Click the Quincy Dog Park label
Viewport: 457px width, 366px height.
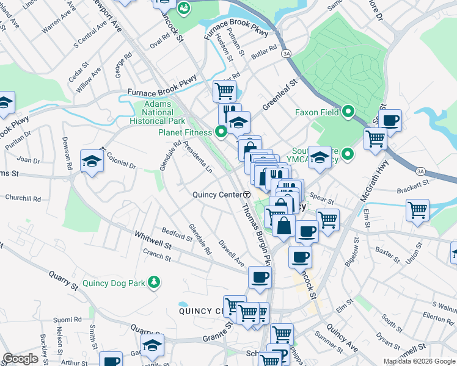116,282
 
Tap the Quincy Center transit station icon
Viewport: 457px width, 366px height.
247,195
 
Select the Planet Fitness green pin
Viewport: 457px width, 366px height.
221,131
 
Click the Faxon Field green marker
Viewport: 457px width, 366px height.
348,112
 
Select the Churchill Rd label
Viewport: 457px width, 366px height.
23,198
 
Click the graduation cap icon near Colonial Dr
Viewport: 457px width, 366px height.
92,162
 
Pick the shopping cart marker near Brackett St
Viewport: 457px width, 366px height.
418,211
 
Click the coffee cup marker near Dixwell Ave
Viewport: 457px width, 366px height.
260,278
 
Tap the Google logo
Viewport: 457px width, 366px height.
20,359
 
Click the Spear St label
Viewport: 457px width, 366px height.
322,199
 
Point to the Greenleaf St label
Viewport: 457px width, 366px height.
279,94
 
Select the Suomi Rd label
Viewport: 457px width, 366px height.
67,320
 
